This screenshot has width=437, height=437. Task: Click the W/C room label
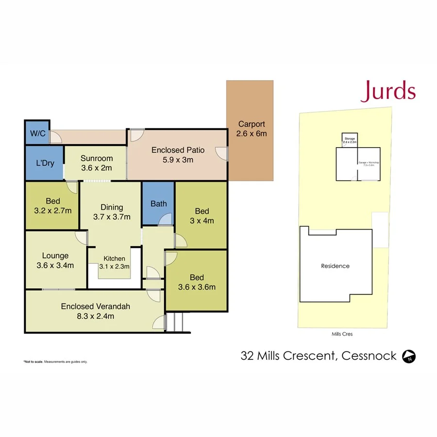[x=37, y=134]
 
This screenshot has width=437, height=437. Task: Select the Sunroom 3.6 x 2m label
[x=97, y=163]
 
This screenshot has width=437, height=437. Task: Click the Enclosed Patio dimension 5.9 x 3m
[x=178, y=160]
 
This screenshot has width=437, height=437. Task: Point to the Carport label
[x=252, y=124]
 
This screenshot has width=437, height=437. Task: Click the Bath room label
[x=158, y=203]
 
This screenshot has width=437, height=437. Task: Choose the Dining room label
[x=112, y=207]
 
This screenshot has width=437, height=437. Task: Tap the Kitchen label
[x=115, y=258]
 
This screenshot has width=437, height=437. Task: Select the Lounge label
[x=55, y=255]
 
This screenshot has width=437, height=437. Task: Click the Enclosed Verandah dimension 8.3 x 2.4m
[x=96, y=316]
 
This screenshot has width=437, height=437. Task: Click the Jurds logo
[x=388, y=91]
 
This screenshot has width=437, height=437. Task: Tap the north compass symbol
[x=409, y=357]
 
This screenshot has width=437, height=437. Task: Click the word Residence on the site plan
[x=336, y=266]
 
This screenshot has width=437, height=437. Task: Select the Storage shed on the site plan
[x=350, y=140]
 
